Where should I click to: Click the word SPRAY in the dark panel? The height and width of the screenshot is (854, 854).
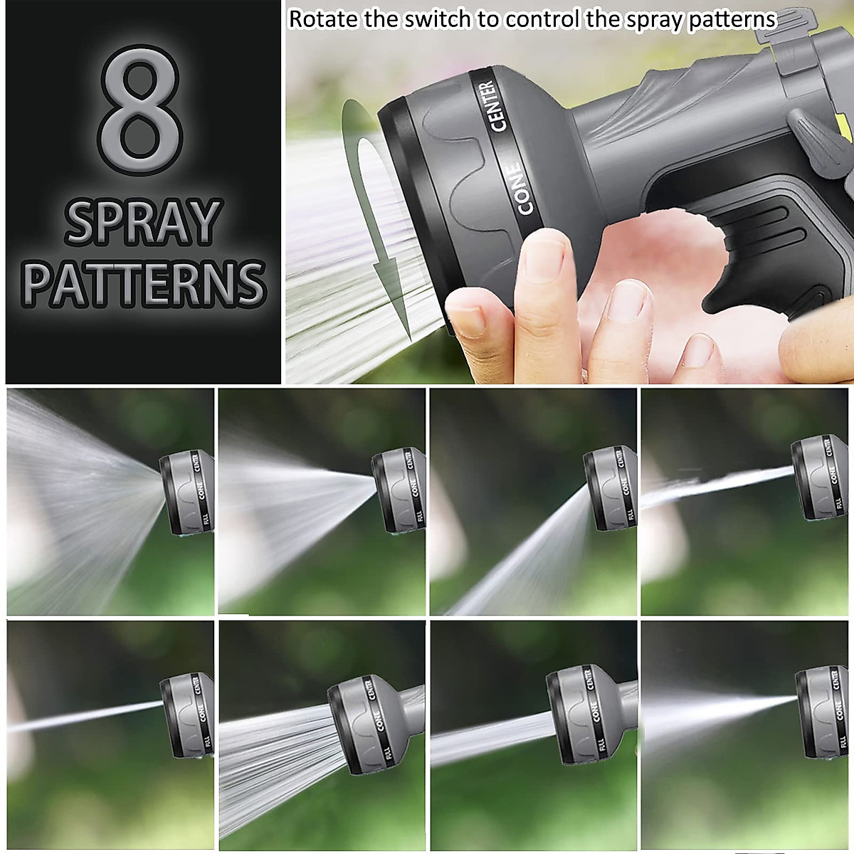point(142,221)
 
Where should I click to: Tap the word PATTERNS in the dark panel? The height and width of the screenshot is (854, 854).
point(144,283)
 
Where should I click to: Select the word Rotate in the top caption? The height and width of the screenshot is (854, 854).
point(323,19)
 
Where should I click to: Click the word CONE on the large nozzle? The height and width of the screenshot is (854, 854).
point(523,189)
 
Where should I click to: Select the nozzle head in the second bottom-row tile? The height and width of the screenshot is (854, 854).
point(363,719)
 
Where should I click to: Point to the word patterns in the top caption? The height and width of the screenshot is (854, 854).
point(732,19)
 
